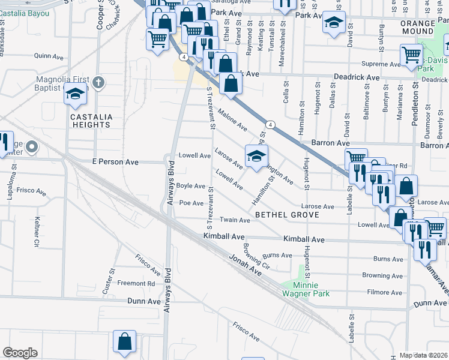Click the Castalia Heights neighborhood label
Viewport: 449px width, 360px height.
point(91,121)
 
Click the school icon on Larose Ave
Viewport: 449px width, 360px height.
point(256,156)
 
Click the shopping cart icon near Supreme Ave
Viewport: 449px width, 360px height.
point(412,55)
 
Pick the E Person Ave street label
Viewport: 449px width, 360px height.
point(115,162)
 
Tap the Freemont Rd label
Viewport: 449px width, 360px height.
point(136,283)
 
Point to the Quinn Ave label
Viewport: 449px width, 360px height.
point(49,56)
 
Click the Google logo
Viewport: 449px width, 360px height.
point(20,353)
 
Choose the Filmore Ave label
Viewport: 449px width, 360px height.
point(384,292)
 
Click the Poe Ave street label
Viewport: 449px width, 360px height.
point(192,203)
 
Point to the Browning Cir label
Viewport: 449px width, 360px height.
point(257,254)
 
